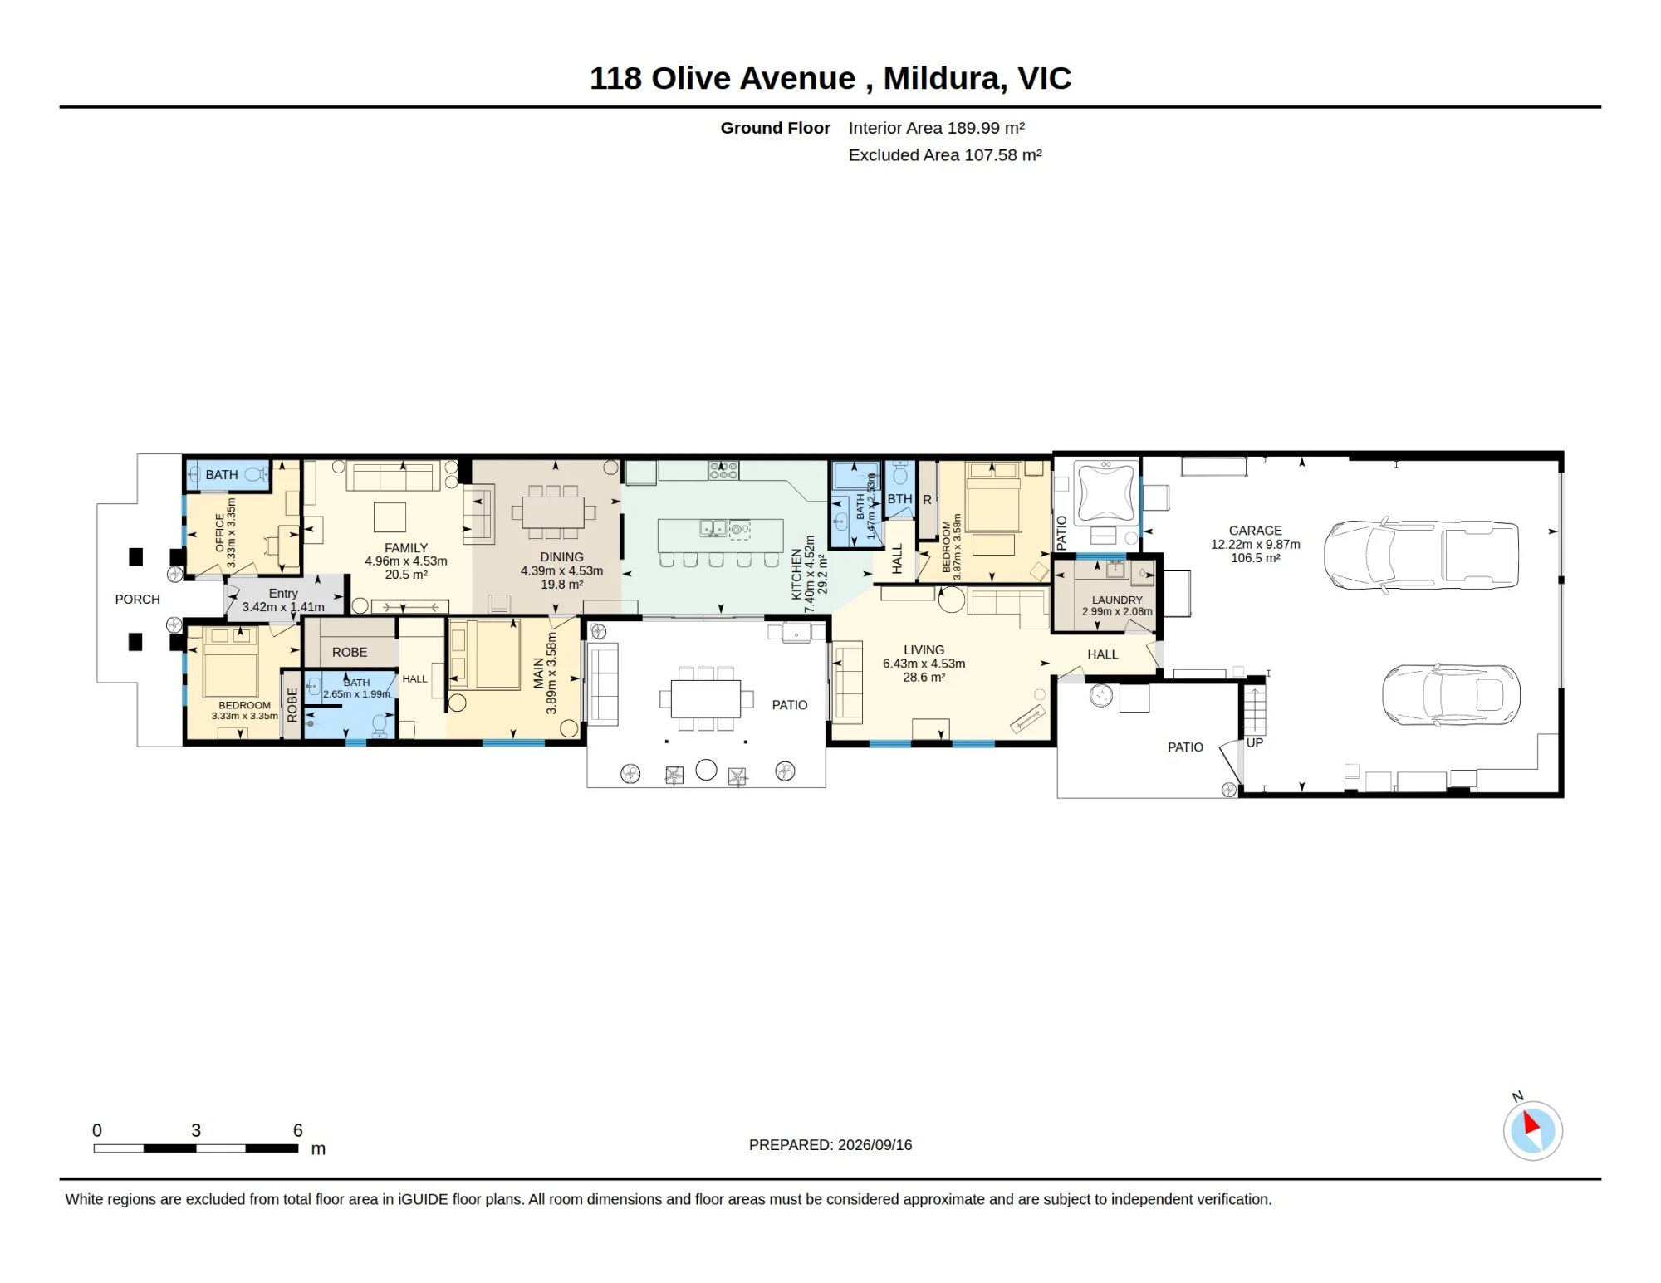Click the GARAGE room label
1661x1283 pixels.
tap(1255, 531)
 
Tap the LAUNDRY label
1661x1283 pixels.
tap(1117, 600)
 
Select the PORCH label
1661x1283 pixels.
tap(138, 600)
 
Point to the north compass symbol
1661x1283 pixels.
tap(1532, 1129)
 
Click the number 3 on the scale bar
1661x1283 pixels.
tap(196, 1130)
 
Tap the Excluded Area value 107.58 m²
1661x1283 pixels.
tap(1002, 155)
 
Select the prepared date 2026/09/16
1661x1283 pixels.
tap(875, 1145)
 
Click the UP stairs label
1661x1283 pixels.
tap(1254, 743)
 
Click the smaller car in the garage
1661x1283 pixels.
tap(1451, 694)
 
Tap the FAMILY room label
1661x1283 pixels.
tap(406, 548)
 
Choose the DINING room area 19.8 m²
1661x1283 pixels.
tap(562, 585)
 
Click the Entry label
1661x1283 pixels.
tap(283, 594)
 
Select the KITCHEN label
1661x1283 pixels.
tap(796, 574)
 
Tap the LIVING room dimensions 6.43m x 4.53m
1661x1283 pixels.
tap(924, 664)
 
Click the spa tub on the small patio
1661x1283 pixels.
tap(1105, 493)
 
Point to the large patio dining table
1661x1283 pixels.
tap(705, 699)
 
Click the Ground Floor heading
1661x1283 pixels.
tap(775, 128)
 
